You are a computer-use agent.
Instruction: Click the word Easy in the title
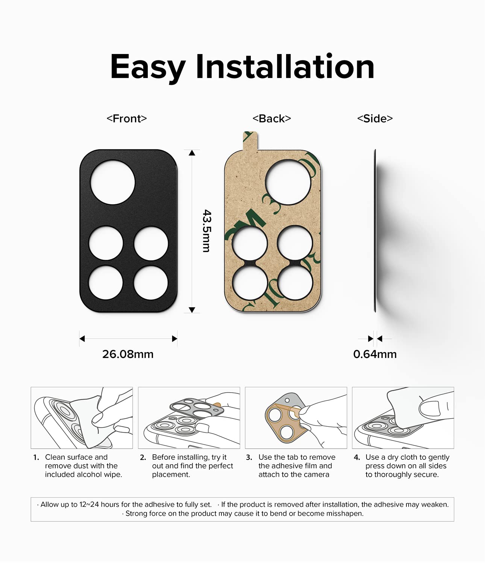(148, 67)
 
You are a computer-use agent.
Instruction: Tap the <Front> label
(127, 119)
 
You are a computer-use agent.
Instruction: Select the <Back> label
(272, 119)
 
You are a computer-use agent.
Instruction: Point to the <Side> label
(375, 119)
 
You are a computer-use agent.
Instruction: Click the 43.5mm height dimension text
(207, 231)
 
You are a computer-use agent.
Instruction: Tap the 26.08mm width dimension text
(128, 354)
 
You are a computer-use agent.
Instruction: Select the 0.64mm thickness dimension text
(375, 354)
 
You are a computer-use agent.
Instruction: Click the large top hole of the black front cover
(112, 182)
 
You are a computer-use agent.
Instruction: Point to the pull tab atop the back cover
(250, 141)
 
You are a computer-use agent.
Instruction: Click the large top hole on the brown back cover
(288, 182)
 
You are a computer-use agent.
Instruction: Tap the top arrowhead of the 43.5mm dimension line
(192, 153)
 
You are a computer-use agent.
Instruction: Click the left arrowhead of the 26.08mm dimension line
(82, 339)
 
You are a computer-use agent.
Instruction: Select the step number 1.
(36, 457)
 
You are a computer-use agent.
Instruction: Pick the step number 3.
(249, 457)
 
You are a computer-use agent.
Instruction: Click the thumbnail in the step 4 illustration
(430, 409)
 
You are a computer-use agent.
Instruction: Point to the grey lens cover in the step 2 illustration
(196, 408)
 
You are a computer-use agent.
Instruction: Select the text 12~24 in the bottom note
(89, 504)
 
